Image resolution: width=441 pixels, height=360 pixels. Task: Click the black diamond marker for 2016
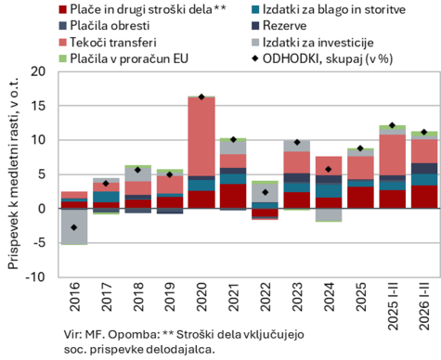pos(73,227)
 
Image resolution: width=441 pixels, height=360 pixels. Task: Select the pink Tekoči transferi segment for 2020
pos(201,136)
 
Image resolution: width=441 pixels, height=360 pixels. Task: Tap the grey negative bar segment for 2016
pos(74,227)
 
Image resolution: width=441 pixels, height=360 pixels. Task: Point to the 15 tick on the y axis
pos(38,106)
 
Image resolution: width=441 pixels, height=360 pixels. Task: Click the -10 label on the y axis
pos(35,276)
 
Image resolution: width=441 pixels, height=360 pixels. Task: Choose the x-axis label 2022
pos(266,297)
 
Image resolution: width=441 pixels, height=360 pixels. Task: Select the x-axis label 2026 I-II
pos(424,306)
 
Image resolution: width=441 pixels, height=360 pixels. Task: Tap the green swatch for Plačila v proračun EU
pos(63,58)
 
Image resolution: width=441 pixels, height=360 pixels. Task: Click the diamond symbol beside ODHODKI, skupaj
pos(255,58)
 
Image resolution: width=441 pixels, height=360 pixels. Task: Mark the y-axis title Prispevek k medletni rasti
pos(13,174)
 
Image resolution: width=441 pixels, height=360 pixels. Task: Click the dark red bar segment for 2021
pos(233,196)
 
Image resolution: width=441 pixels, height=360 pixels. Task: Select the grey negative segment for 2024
pos(329,215)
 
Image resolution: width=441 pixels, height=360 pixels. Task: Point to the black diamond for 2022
pos(266,192)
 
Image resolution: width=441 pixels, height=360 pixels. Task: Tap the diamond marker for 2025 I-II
pos(393,125)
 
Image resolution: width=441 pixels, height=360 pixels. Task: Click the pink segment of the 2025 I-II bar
pos(393,155)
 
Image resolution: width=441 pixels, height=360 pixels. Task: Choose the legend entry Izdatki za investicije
pos(318,42)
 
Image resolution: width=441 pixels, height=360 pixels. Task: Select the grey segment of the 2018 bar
pos(137,174)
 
